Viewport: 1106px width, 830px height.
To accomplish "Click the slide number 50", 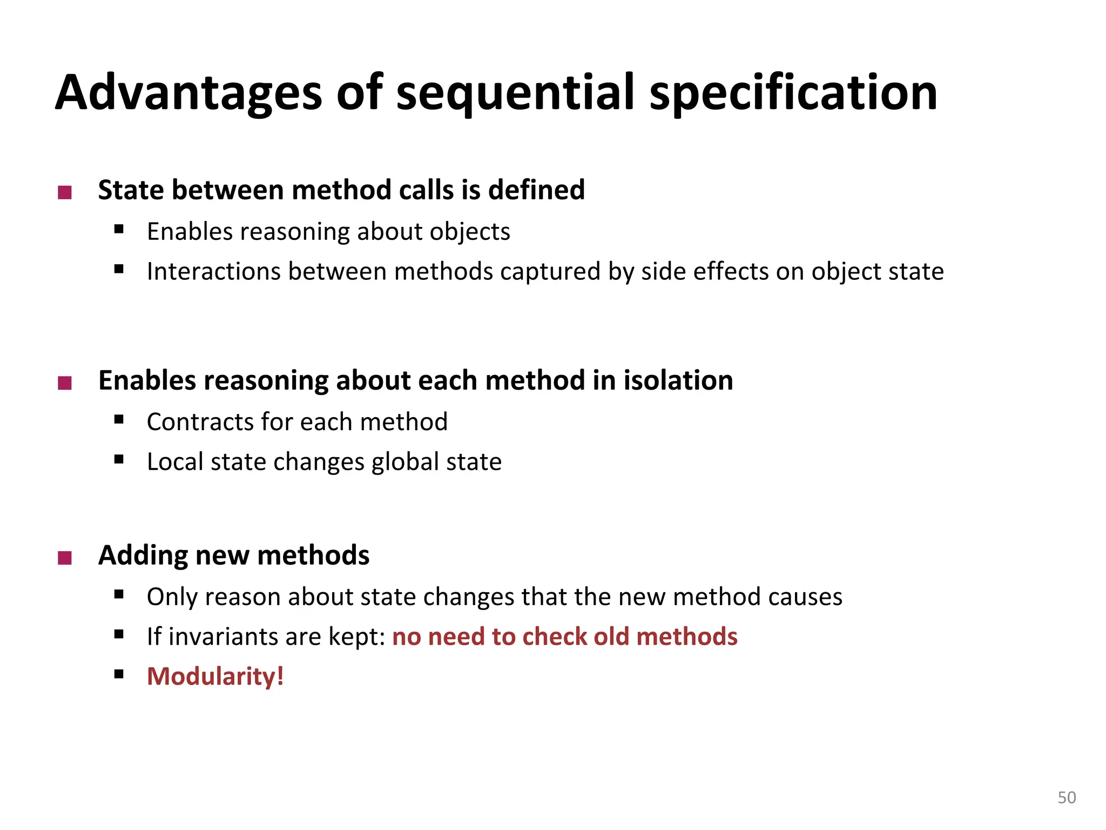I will click(x=1066, y=798).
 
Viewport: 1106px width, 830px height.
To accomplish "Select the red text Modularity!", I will click(x=215, y=677).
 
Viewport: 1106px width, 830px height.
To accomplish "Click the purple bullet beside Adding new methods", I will click(x=65, y=558).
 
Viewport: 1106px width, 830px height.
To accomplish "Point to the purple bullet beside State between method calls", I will click(x=65, y=192).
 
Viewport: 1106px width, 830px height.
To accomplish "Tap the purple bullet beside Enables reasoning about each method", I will click(x=65, y=383).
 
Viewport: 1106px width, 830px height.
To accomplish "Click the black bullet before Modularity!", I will click(x=119, y=674).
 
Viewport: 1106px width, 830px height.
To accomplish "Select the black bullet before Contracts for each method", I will click(x=119, y=419).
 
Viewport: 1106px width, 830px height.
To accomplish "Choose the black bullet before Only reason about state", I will click(x=119, y=594).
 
